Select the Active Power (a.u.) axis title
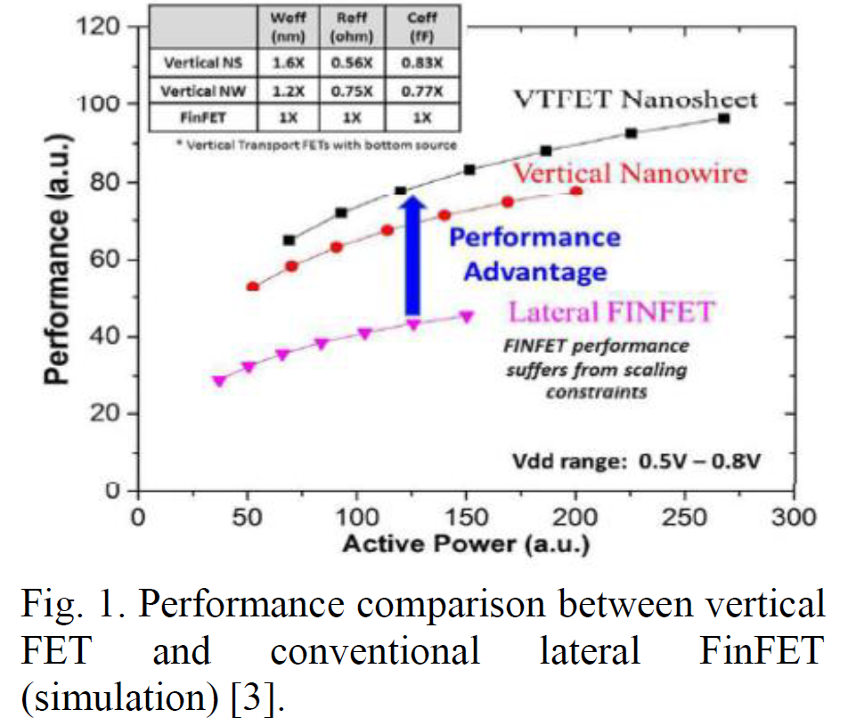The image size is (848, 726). pyautogui.click(x=466, y=543)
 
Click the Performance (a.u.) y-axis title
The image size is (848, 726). pyautogui.click(x=59, y=258)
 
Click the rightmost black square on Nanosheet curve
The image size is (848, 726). pyautogui.click(x=724, y=118)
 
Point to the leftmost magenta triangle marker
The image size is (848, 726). pyautogui.click(x=218, y=380)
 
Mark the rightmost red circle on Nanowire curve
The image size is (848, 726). pyautogui.click(x=576, y=192)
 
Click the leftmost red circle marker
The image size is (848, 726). pyautogui.click(x=253, y=287)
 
